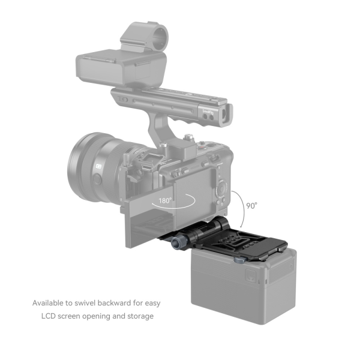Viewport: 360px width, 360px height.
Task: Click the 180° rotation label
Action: click(165, 200)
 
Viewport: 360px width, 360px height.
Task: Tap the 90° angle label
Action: click(251, 206)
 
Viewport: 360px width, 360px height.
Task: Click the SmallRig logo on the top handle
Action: click(208, 113)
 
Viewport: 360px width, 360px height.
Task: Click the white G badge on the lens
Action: click(99, 166)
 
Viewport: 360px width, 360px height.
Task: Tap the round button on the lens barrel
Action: click(97, 179)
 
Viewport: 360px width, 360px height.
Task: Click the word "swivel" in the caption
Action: click(85, 303)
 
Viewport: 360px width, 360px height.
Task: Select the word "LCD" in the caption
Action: click(49, 316)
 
